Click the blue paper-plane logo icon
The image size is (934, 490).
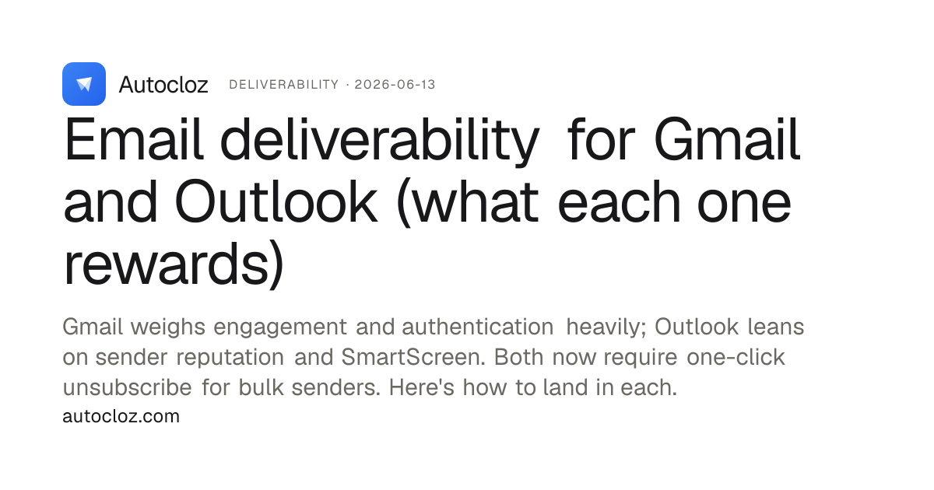tap(84, 84)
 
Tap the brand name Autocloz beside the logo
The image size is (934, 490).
tap(163, 85)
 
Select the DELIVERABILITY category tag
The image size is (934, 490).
tap(284, 85)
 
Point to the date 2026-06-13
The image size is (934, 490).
tap(395, 85)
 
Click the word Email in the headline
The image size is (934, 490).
tap(133, 138)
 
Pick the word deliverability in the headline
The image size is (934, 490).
tap(380, 142)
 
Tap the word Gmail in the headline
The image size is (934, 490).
tap(727, 138)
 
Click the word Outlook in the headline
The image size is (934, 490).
tap(276, 201)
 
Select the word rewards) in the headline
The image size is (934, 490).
tap(174, 264)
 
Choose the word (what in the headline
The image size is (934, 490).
tap(468, 202)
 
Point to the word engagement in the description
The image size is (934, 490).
tap(279, 327)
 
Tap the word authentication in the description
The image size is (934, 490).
tap(477, 327)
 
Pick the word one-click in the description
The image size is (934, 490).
tap(736, 357)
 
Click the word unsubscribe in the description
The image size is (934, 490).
tap(127, 387)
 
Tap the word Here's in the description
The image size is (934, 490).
tap(421, 387)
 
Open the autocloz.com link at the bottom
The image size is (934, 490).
tap(121, 416)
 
